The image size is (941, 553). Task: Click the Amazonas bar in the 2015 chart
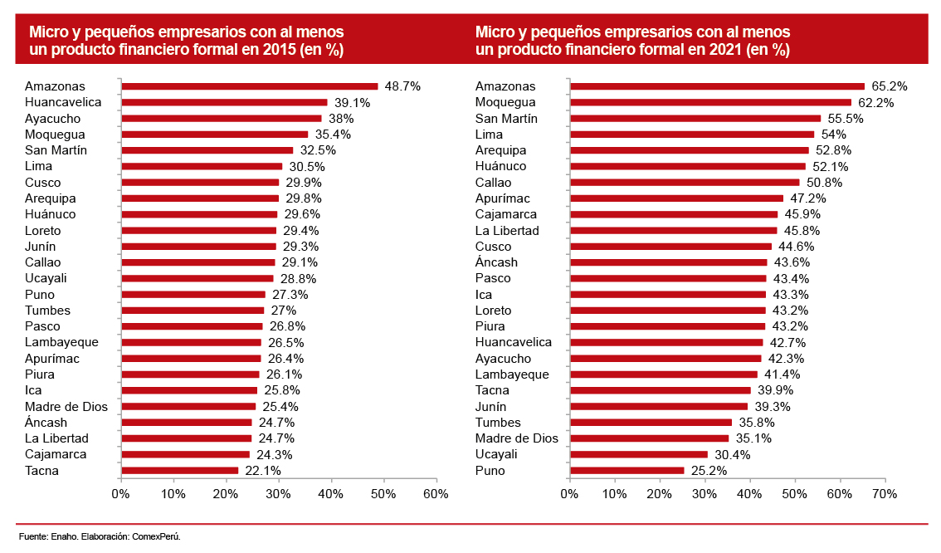pos(249,86)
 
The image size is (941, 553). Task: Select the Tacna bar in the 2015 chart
pos(179,471)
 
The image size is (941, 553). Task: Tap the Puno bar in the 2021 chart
pos(627,471)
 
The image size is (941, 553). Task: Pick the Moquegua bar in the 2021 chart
pos(710,102)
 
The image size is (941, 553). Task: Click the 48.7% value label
pos(402,86)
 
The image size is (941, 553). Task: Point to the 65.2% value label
pos(889,86)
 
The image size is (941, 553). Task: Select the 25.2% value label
pos(709,471)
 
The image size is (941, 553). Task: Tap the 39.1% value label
pos(352,102)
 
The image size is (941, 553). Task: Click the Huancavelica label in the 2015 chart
pos(63,102)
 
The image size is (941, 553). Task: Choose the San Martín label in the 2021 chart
pos(506,118)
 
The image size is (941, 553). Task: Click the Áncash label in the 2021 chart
pos(496,262)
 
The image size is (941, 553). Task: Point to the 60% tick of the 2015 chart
pos(436,494)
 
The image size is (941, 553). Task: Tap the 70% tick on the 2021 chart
pos(885,494)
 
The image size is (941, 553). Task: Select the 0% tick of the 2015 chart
pos(121,494)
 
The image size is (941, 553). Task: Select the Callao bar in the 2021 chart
pos(685,183)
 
